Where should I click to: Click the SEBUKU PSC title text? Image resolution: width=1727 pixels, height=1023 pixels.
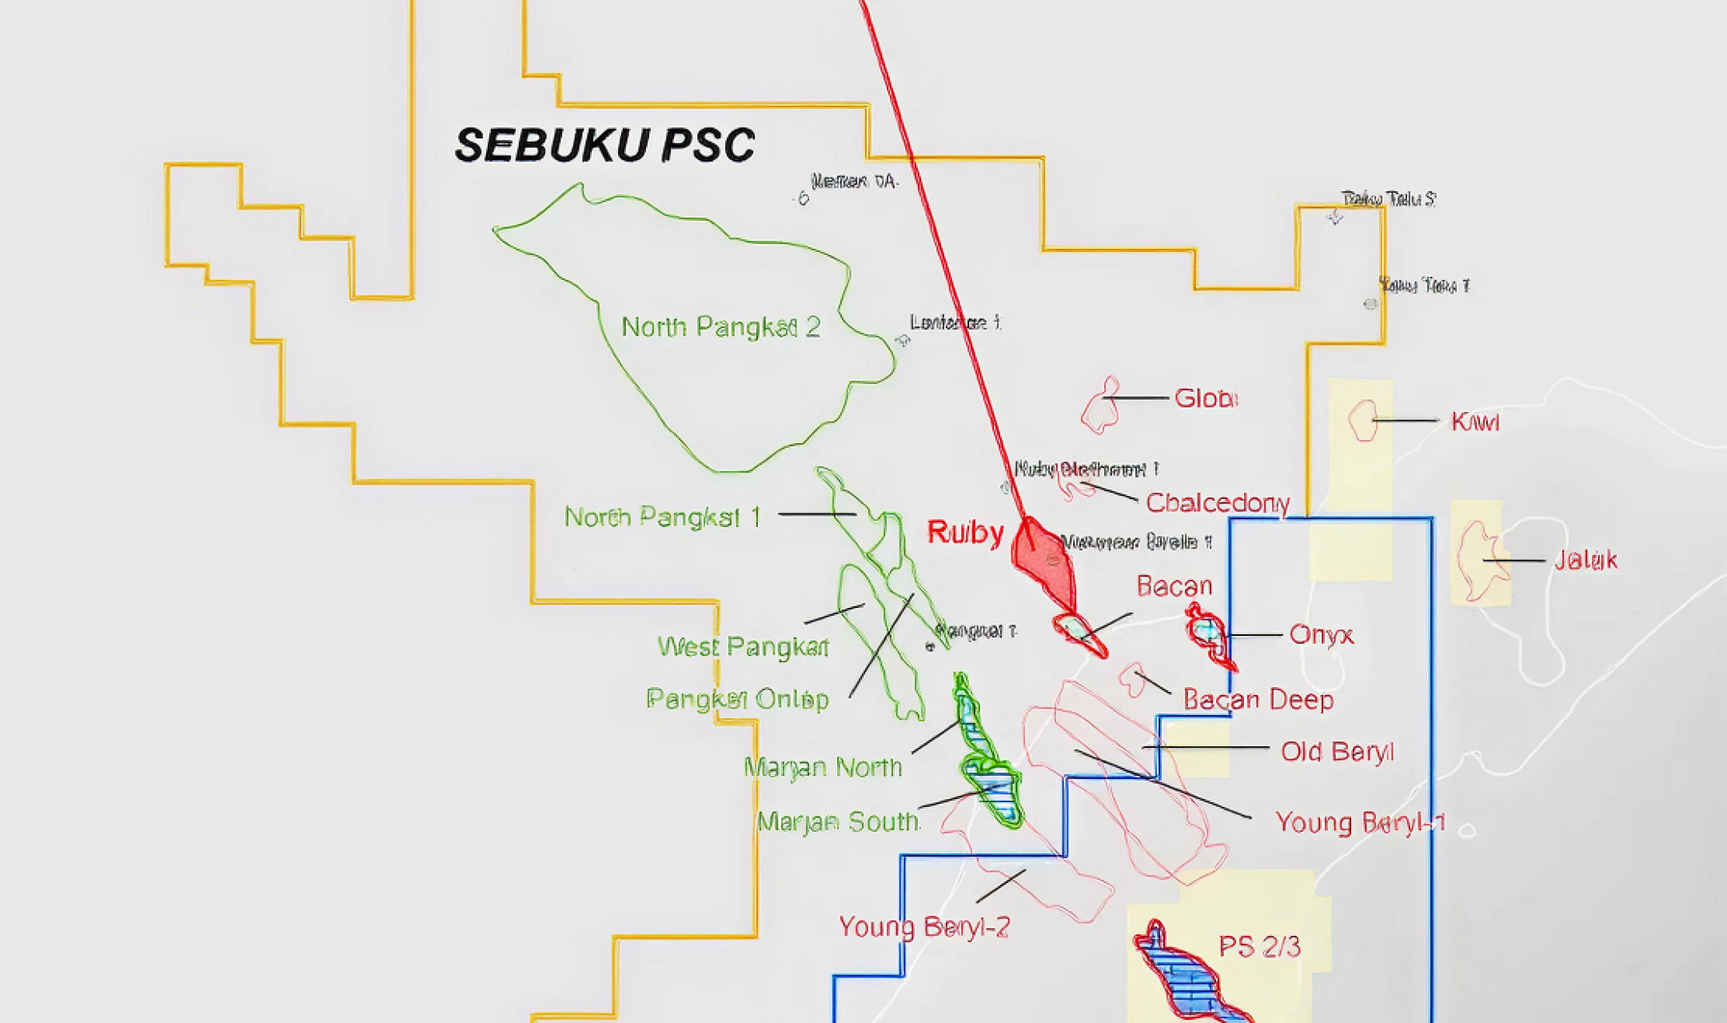(604, 146)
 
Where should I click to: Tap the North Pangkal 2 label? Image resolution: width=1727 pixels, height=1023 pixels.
(720, 327)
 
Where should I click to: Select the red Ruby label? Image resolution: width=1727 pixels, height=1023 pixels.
(965, 533)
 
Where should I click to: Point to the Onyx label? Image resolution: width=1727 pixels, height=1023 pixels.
(1321, 635)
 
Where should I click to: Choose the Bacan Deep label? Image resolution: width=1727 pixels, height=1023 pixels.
(1258, 700)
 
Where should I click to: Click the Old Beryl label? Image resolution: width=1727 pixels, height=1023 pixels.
(1337, 752)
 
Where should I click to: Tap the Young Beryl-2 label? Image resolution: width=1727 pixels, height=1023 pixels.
(924, 927)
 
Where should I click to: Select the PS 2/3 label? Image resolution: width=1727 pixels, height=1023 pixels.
(1259, 947)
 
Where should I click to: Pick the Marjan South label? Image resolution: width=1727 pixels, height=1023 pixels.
(837, 822)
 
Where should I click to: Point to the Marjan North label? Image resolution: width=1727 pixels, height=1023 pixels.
(823, 768)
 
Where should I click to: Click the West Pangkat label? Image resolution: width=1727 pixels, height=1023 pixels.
(743, 647)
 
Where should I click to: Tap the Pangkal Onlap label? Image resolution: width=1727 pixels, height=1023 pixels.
(737, 700)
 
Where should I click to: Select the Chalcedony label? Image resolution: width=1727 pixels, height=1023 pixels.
(1217, 503)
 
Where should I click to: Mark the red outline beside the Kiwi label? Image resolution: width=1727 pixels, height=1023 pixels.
(1363, 421)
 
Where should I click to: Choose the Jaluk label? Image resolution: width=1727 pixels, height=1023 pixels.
(1585, 561)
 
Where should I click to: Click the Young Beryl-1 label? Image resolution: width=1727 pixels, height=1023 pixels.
(1360, 822)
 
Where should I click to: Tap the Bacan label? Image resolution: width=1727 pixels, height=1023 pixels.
(1175, 586)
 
